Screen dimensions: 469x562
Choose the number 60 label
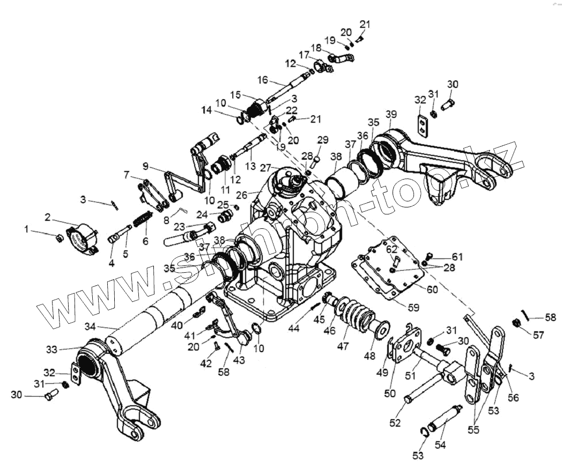coord(432,289)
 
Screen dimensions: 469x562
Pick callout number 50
coord(390,393)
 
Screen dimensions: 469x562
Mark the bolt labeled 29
coord(316,158)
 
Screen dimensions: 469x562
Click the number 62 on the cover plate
coord(393,248)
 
